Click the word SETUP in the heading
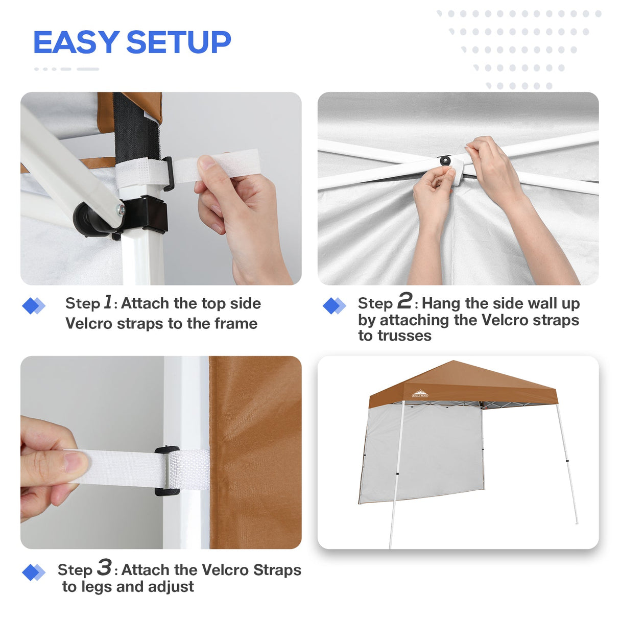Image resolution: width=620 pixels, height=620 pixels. pyautogui.click(x=179, y=42)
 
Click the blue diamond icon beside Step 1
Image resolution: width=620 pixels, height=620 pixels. pyautogui.click(x=34, y=306)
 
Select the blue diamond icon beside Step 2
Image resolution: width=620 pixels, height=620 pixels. pyautogui.click(x=335, y=306)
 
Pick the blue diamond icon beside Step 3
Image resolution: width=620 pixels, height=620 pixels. pyautogui.click(x=34, y=573)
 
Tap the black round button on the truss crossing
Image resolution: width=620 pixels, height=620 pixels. pyautogui.click(x=445, y=161)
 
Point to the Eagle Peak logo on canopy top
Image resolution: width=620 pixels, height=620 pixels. pyautogui.click(x=420, y=394)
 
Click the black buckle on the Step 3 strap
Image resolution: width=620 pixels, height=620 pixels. pyautogui.click(x=167, y=471)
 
